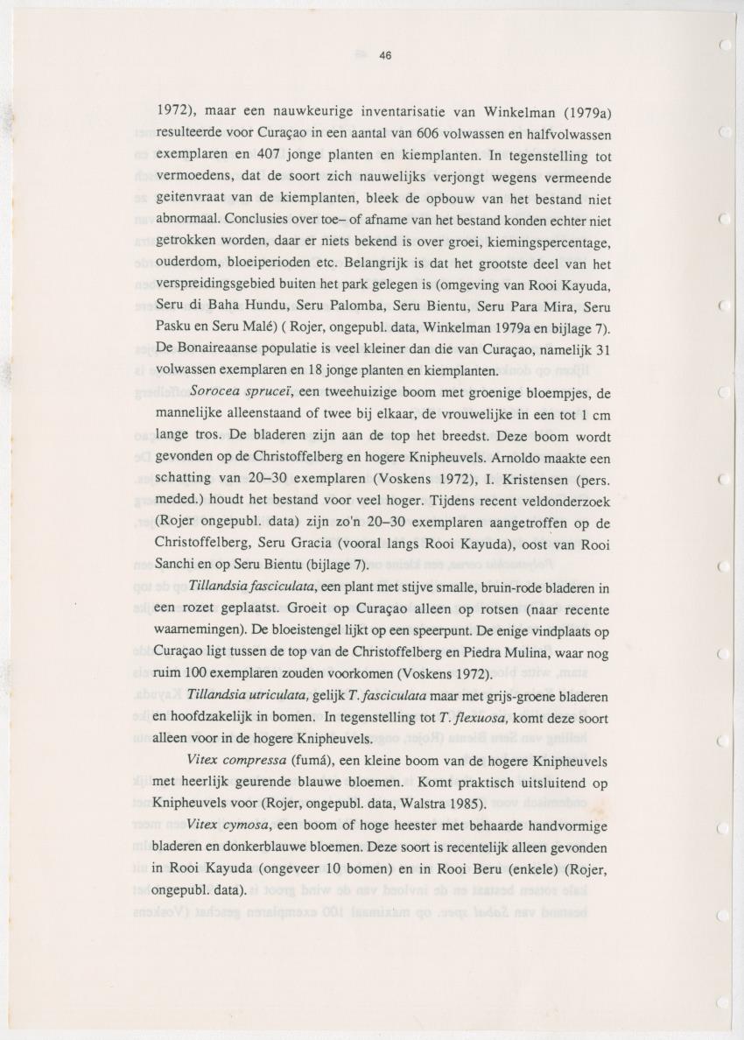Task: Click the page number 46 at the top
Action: (385, 55)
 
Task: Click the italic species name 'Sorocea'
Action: (217, 391)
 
